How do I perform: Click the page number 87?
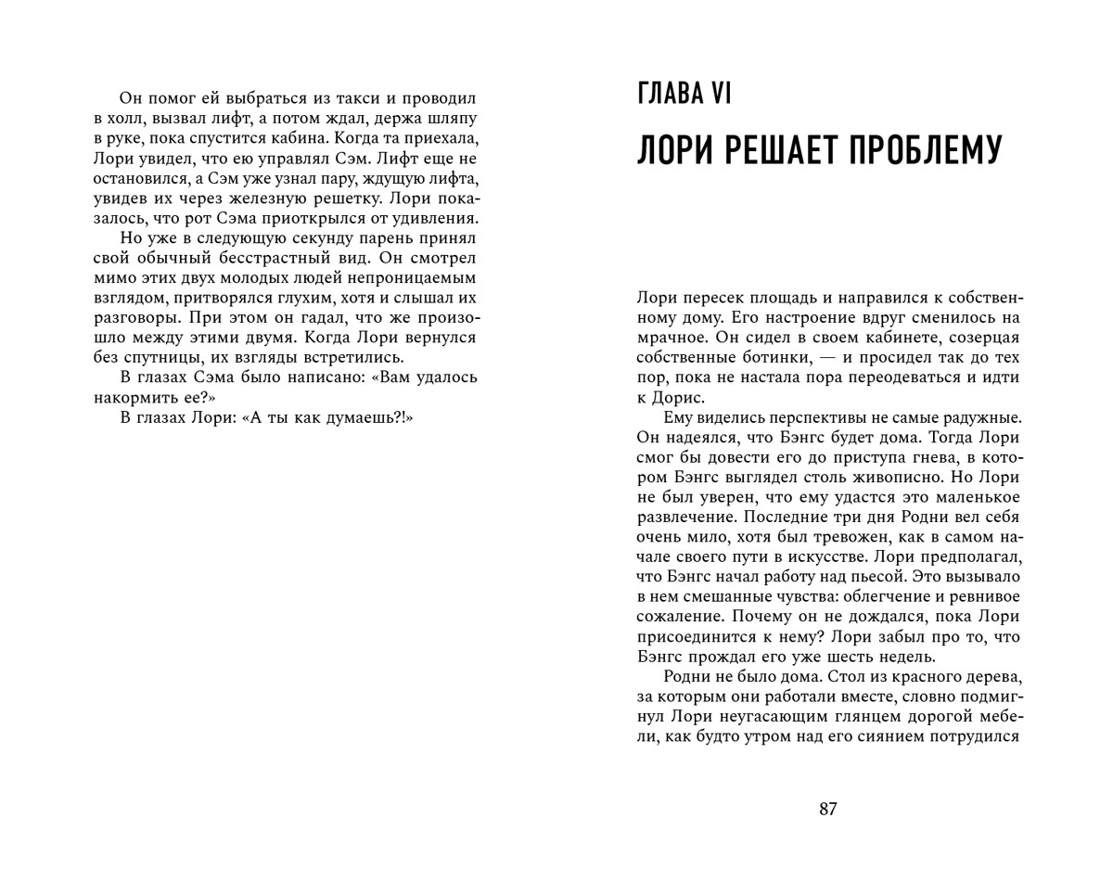point(828,809)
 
